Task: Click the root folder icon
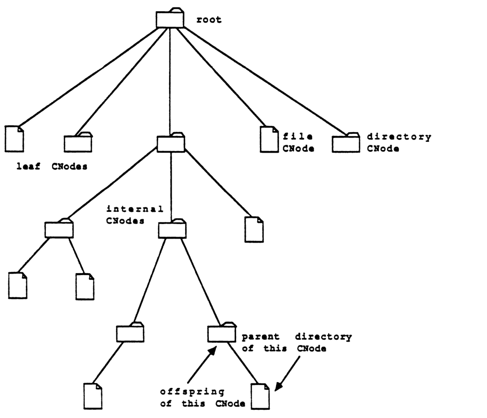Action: [x=170, y=19]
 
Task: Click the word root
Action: [x=208, y=20]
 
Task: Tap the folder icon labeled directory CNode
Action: [x=346, y=143]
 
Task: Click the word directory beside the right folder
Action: [x=399, y=137]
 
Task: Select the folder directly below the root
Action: [x=171, y=143]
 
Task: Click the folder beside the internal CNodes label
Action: [x=172, y=229]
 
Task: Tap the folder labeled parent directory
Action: [x=222, y=334]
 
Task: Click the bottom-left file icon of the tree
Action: [x=93, y=395]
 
